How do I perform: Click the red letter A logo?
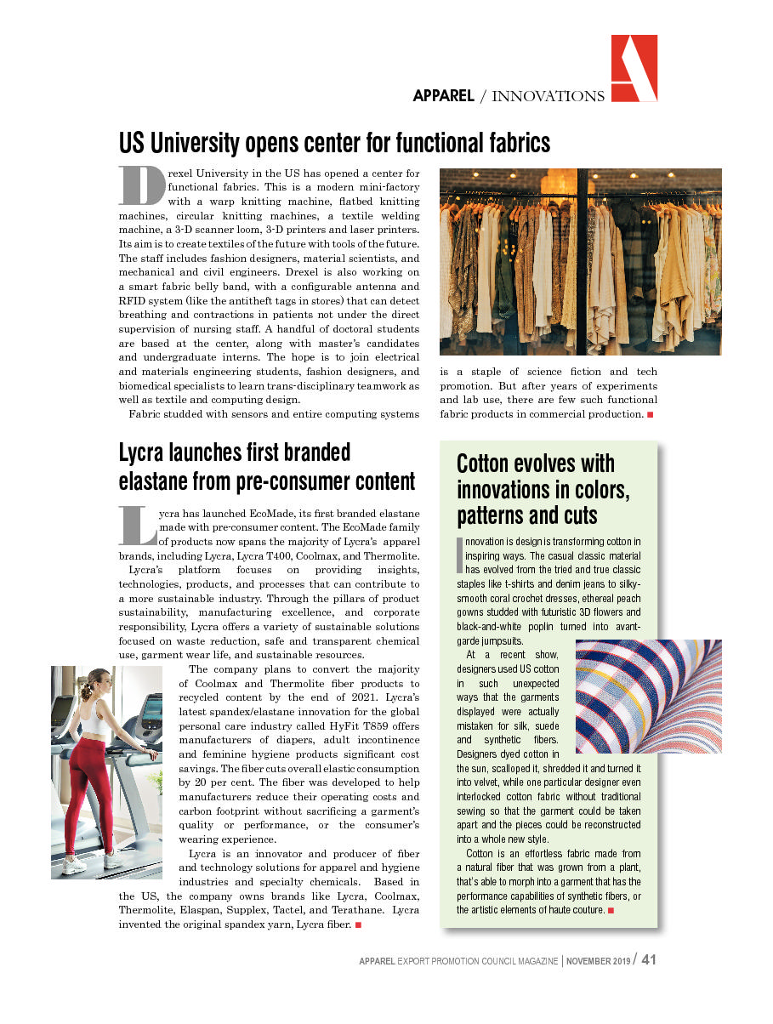click(x=634, y=69)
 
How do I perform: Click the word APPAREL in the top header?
click(x=443, y=96)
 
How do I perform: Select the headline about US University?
click(x=334, y=141)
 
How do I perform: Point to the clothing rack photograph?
click(x=580, y=261)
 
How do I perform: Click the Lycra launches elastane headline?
click(x=266, y=467)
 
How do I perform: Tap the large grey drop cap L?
click(x=137, y=526)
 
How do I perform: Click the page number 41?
click(x=649, y=960)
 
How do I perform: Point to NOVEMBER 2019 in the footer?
click(x=599, y=961)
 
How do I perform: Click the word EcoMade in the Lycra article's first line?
click(x=271, y=514)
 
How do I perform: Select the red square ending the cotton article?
click(x=611, y=911)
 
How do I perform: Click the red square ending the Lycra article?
click(x=359, y=924)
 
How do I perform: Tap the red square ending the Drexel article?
click(x=650, y=414)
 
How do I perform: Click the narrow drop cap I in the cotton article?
click(x=459, y=555)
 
